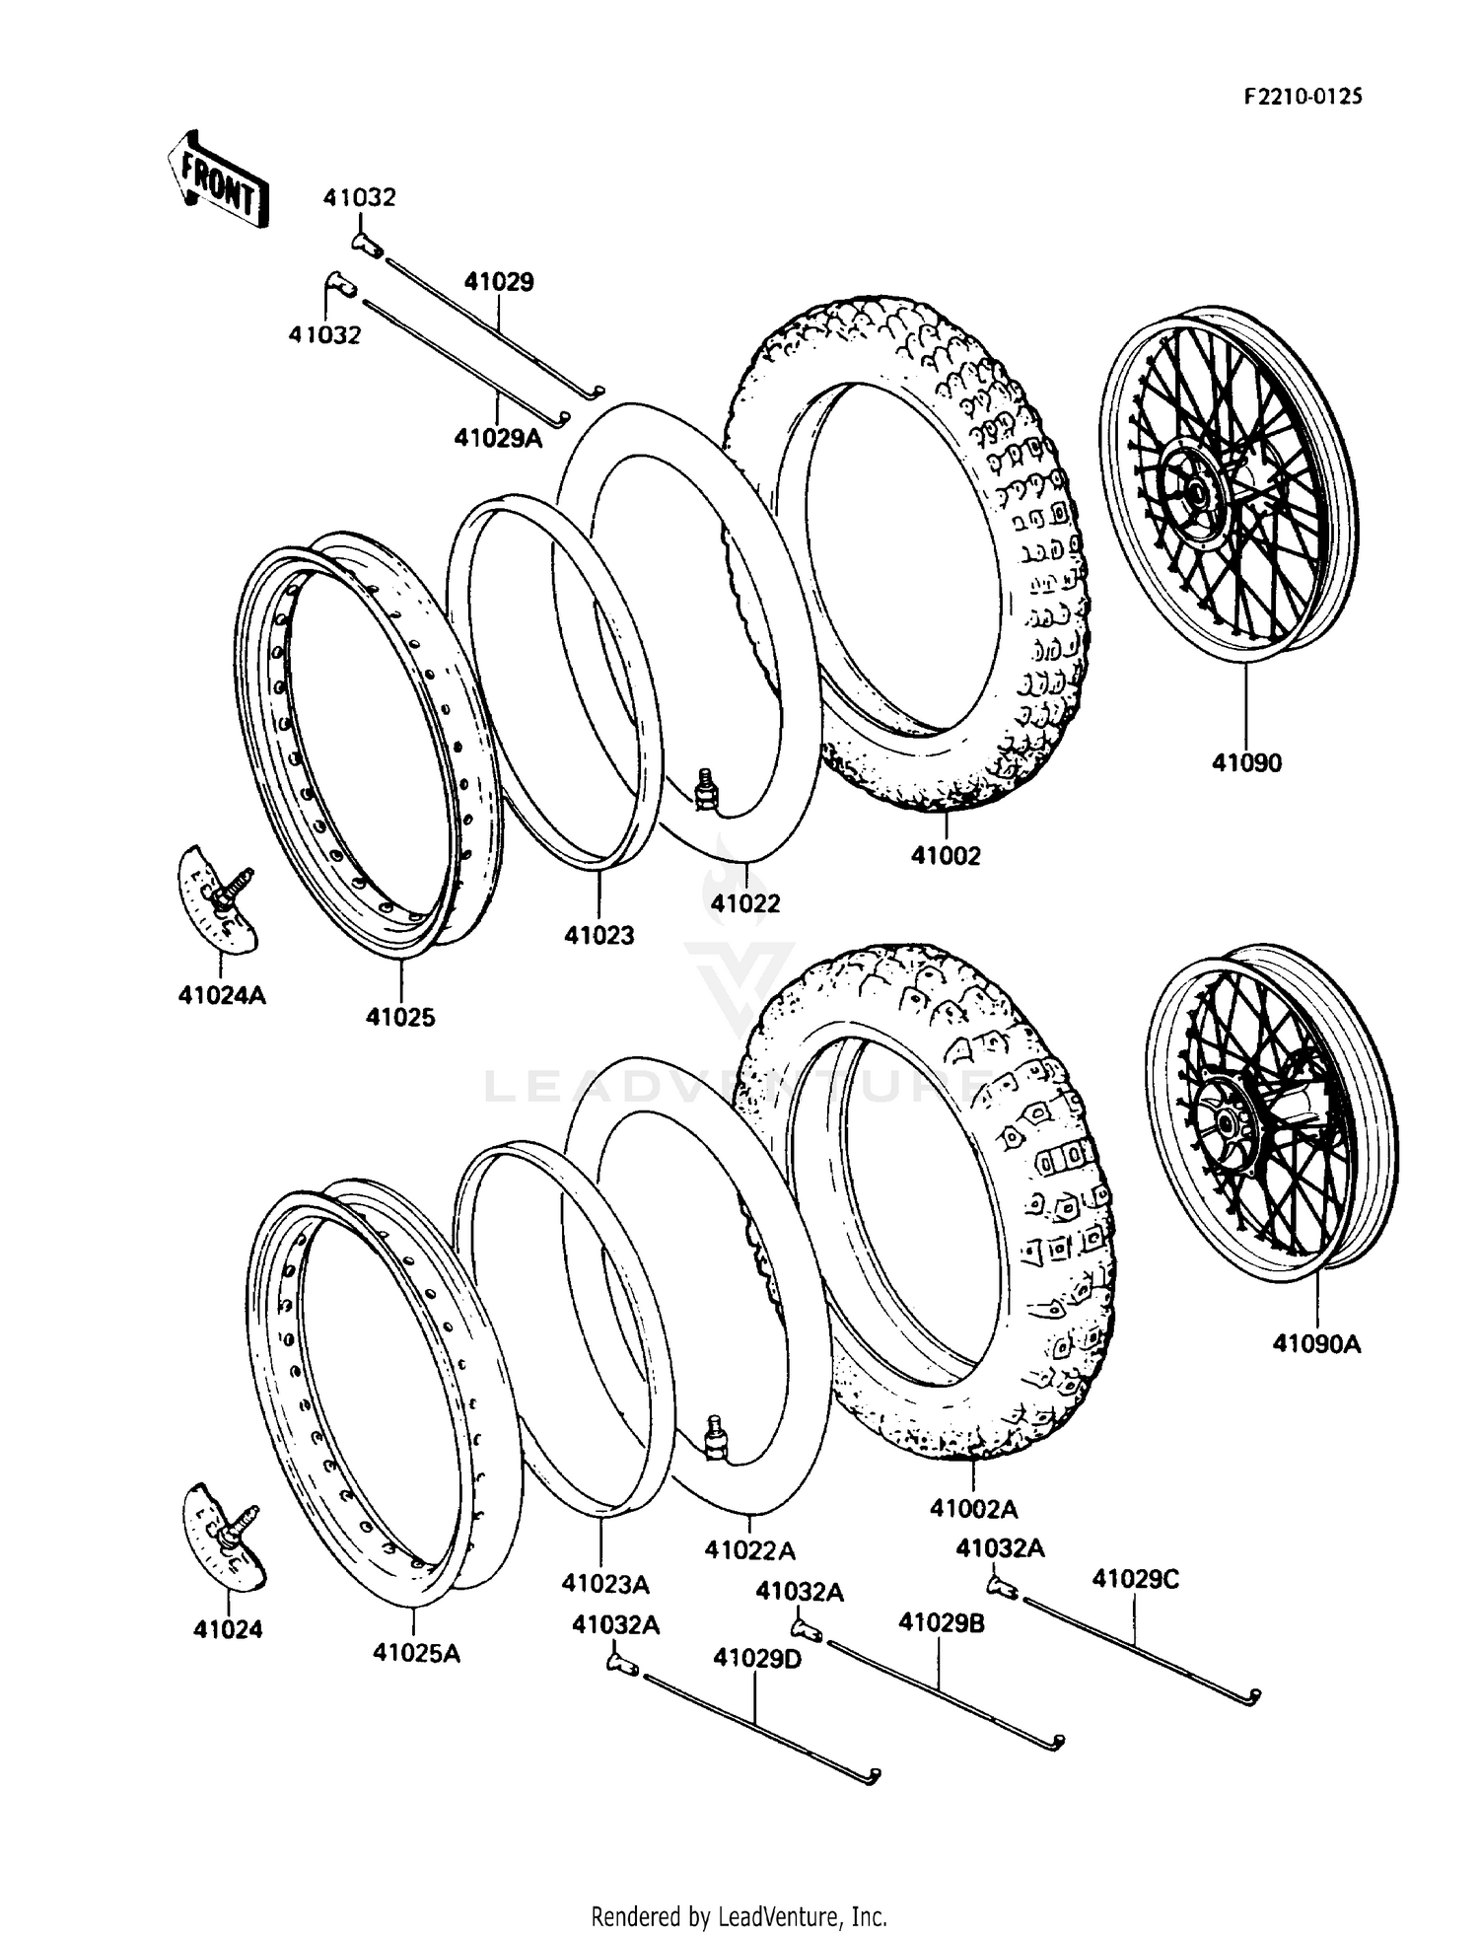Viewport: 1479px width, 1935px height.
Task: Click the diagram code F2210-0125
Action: point(1303,96)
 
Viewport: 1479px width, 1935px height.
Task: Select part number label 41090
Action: point(1246,762)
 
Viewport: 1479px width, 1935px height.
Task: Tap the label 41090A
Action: point(1315,1343)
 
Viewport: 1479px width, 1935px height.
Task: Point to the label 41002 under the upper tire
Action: point(946,856)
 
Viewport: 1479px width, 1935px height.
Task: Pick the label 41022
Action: point(745,902)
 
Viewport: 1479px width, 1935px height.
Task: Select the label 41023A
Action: point(605,1584)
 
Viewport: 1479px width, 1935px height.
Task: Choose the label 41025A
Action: point(416,1653)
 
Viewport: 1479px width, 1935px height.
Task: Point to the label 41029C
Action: point(1135,1579)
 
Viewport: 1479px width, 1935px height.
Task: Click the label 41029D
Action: point(757,1658)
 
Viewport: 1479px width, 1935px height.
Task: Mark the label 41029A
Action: point(498,437)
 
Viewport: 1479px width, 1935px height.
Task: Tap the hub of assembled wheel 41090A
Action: point(1226,1121)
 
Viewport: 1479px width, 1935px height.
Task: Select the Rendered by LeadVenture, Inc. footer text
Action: point(739,1916)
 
